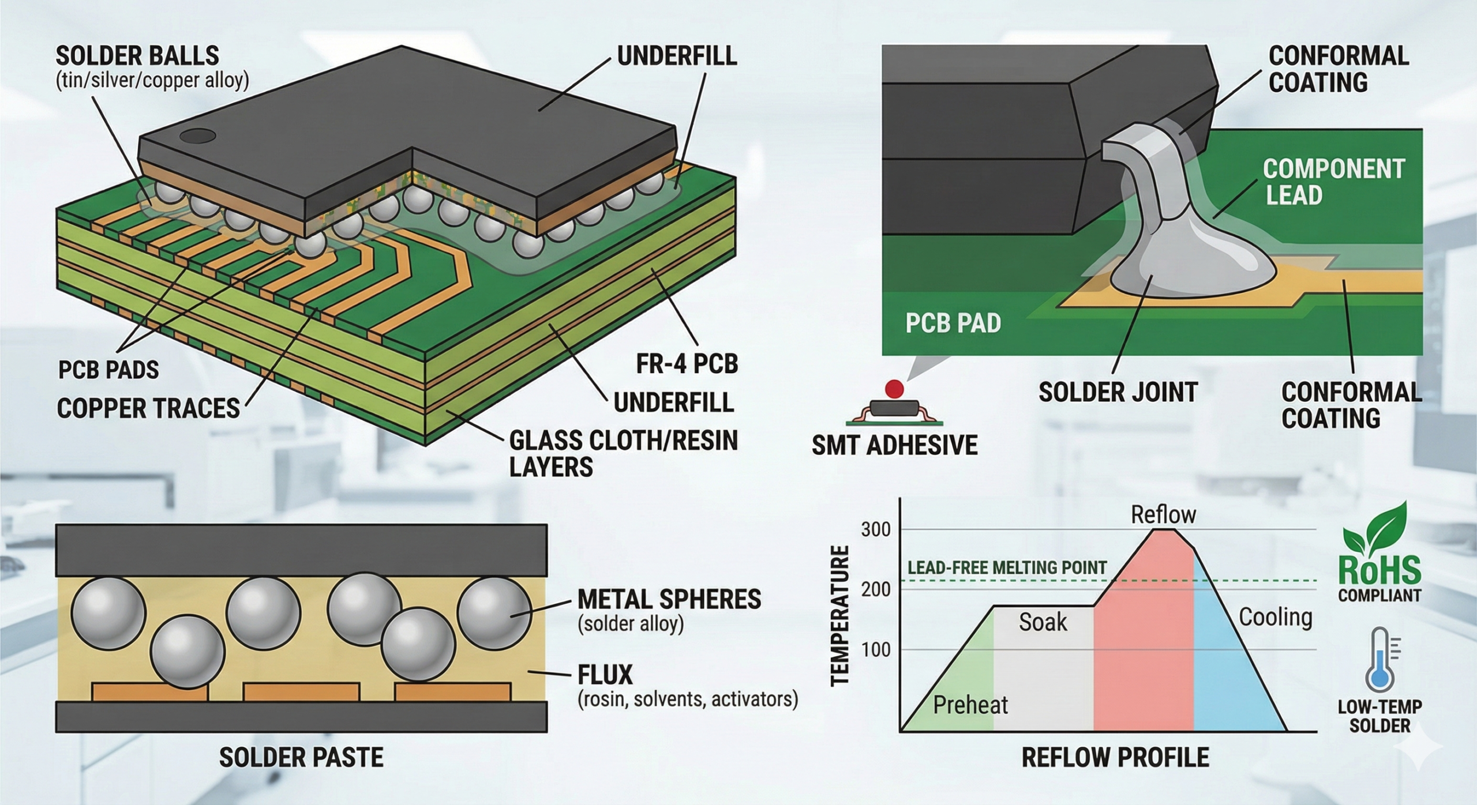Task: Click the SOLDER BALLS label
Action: tap(137, 56)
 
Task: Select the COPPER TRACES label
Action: tap(148, 408)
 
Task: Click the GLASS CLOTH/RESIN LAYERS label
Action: tap(623, 453)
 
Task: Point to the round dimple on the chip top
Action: tap(197, 137)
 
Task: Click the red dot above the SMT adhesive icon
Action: tap(894, 389)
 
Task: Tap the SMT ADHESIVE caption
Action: tap(894, 445)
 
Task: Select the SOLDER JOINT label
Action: tap(1118, 392)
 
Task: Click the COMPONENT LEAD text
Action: tap(1333, 182)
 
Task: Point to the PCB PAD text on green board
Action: tap(953, 323)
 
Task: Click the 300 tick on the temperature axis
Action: tap(875, 529)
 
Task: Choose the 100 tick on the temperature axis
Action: tap(875, 650)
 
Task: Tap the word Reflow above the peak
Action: tap(1163, 514)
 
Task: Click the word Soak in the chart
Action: tap(1043, 622)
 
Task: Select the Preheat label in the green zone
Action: tap(970, 705)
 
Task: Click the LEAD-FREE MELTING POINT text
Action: tap(1007, 567)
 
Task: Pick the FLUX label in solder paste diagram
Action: tap(605, 674)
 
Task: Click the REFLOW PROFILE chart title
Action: tap(1115, 757)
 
